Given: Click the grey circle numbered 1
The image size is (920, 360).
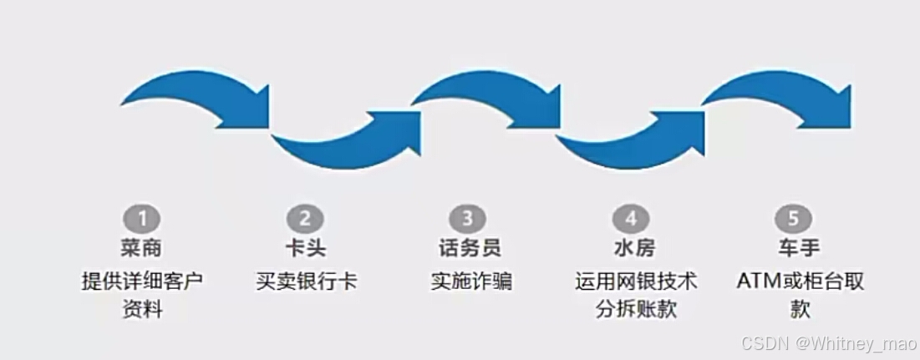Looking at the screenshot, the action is coord(142,220).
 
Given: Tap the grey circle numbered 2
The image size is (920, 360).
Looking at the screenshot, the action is coord(304,220).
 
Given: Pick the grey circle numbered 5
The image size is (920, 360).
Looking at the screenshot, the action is coord(791,220).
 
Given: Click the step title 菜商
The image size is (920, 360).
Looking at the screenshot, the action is coord(141,248).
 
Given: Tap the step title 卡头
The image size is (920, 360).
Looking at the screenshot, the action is coord(305,248).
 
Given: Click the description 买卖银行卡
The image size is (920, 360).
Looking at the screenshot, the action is coord(306,281).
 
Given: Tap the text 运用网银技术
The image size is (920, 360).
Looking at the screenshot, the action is coord(636,281).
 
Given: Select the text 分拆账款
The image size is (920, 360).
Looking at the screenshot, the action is coord(636,310).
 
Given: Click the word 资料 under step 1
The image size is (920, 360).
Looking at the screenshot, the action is coord(141,310).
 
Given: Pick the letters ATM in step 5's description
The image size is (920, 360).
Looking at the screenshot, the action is coord(755,281).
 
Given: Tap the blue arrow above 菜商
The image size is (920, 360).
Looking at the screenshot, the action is coord(192,96).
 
